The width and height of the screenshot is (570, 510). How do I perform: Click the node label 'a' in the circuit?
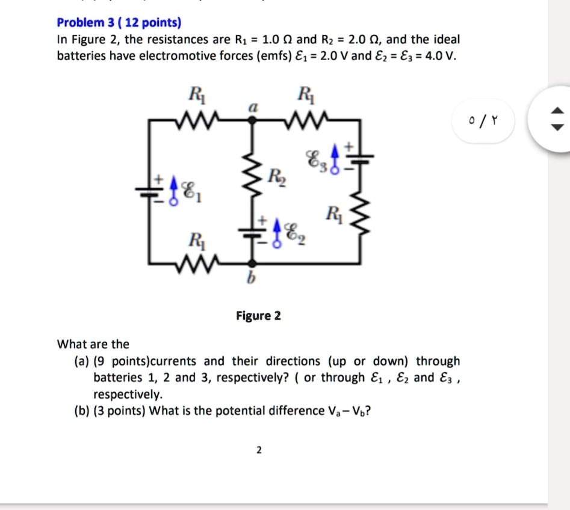(x=253, y=106)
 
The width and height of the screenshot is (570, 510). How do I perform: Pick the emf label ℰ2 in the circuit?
(x=294, y=229)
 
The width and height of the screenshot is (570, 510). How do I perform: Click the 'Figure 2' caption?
(x=258, y=316)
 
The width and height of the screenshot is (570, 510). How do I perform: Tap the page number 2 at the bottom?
(x=259, y=450)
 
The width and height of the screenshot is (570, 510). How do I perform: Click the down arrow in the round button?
(x=557, y=127)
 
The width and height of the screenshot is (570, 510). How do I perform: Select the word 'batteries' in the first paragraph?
(x=80, y=57)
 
